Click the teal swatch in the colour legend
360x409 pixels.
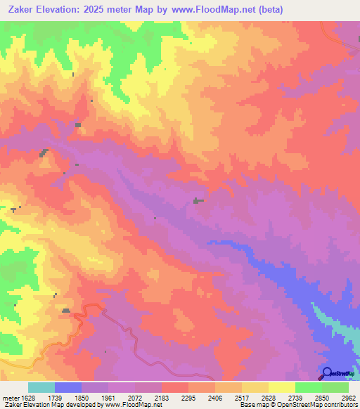click(41, 387)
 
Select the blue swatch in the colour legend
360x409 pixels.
click(68, 387)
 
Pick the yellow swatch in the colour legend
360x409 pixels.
click(281, 387)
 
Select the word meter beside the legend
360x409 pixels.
click(10, 398)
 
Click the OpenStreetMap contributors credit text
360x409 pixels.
click(325, 405)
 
